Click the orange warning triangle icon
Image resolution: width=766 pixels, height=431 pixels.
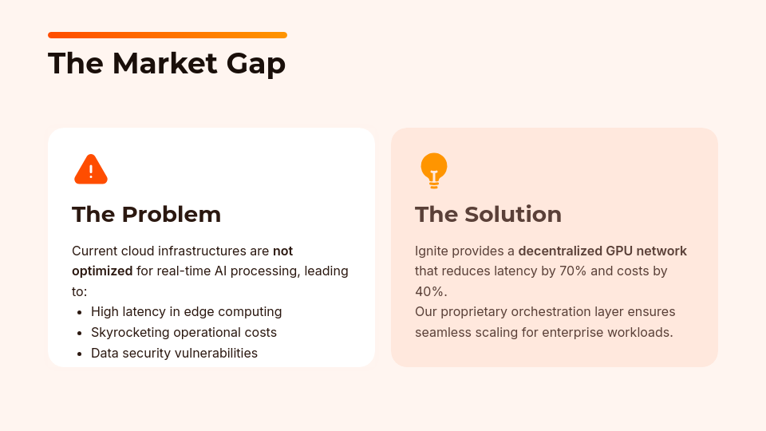[x=91, y=169]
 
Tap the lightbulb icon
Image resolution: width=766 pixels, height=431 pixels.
[x=433, y=169]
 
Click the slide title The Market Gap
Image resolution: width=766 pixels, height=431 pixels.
[x=166, y=63]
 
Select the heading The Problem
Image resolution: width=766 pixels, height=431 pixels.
[x=146, y=214]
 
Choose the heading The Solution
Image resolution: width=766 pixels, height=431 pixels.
[x=488, y=214]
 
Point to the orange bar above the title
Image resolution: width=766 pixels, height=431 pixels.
[x=167, y=35]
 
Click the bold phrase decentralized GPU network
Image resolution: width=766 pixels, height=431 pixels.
[x=602, y=251]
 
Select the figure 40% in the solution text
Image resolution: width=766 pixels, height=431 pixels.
[x=430, y=291]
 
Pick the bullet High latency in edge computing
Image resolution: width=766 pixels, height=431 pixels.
[x=186, y=311]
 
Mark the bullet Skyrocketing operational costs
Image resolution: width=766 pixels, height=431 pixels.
[x=184, y=332]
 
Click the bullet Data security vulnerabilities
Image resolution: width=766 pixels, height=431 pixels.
[x=174, y=353]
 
